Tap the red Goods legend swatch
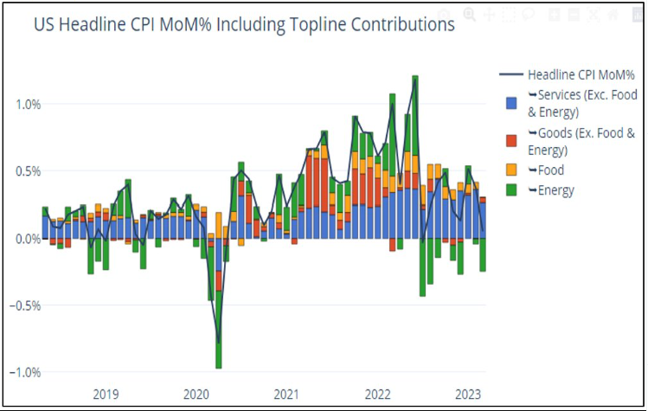coord(512,140)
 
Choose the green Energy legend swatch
coord(512,190)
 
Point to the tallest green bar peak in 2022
coord(415,78)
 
